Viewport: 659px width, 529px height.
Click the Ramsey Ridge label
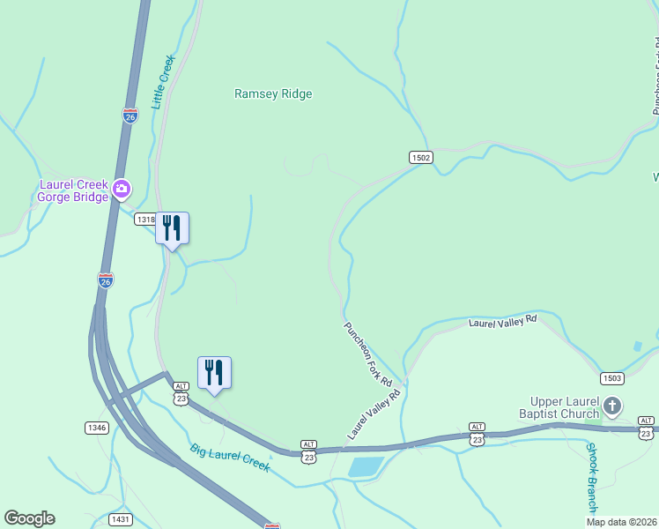tap(273, 93)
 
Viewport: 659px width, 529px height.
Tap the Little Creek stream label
tap(164, 82)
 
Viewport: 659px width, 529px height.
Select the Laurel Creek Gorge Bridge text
tap(73, 190)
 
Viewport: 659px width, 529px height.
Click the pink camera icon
tap(122, 187)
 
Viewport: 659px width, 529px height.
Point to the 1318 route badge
tap(144, 220)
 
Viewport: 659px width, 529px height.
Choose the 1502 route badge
tap(421, 157)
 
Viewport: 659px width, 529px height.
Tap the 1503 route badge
tap(612, 378)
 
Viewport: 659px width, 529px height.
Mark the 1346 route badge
tap(97, 428)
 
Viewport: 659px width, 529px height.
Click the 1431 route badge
tap(121, 519)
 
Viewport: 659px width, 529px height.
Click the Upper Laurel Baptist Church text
tap(565, 407)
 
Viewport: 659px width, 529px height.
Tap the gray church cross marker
tap(612, 407)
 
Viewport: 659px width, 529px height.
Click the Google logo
tap(29, 518)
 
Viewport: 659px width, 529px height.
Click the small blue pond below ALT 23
tap(365, 466)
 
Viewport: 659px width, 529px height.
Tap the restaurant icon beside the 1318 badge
tap(172, 228)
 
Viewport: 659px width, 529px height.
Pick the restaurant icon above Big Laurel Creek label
tap(214, 373)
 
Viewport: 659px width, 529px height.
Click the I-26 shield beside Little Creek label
tap(130, 115)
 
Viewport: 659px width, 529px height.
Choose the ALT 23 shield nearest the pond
tap(308, 451)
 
